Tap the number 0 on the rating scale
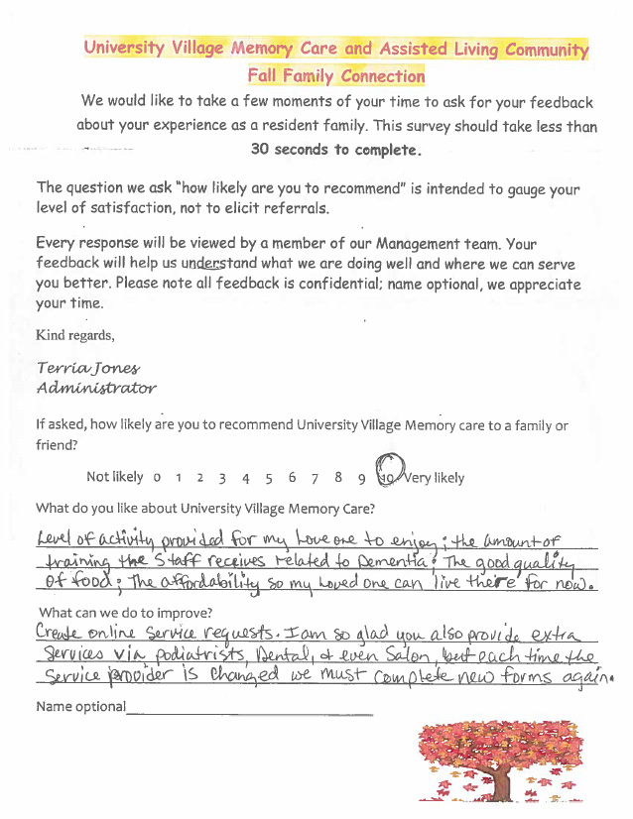click(157, 478)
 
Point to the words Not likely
click(114, 477)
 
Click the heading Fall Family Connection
click(336, 75)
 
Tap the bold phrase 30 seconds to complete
click(336, 150)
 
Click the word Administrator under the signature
click(95, 388)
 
